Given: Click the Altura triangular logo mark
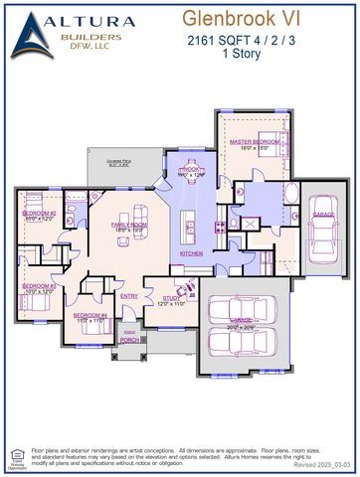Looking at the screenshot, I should [x=36, y=37].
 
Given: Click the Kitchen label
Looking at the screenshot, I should [x=190, y=253].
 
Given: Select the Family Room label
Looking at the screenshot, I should [x=128, y=228].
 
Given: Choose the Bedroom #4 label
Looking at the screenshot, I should [x=91, y=318].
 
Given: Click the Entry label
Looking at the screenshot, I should [x=129, y=296].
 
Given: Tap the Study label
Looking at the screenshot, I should [x=172, y=298].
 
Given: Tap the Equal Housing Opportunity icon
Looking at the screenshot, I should [x=16, y=457].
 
